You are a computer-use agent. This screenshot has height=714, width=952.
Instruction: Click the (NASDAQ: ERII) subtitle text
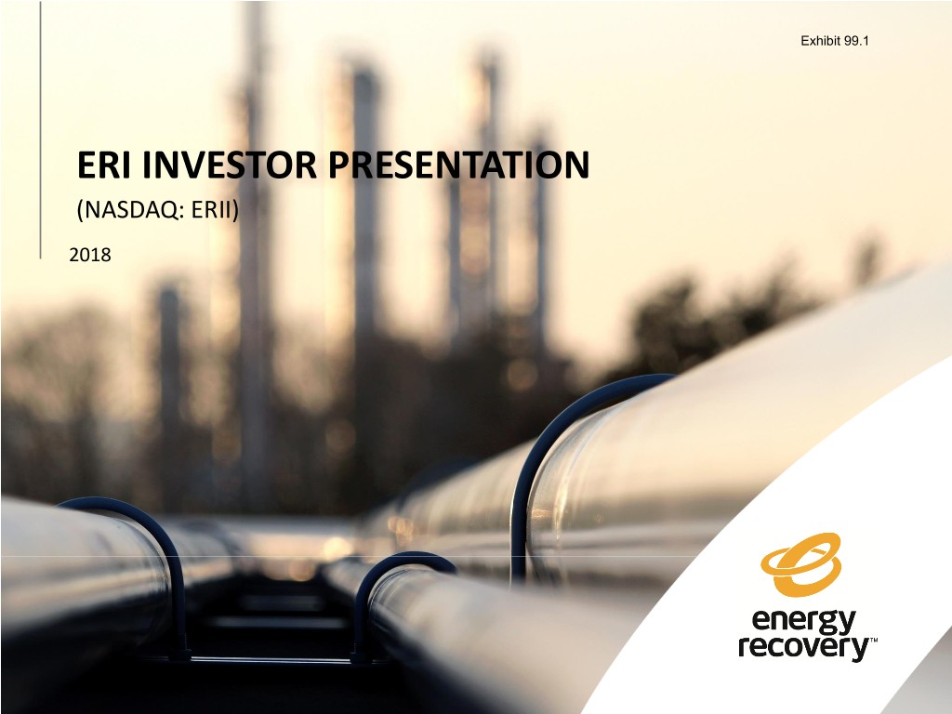(x=158, y=210)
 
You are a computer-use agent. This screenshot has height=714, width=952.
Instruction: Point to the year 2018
(x=90, y=255)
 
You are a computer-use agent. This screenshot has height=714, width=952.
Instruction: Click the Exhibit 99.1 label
(x=835, y=41)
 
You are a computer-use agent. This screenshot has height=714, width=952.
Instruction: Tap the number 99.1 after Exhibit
(x=856, y=41)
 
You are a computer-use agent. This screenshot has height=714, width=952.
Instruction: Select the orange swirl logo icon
(x=801, y=564)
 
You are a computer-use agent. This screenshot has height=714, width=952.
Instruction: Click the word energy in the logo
(x=804, y=622)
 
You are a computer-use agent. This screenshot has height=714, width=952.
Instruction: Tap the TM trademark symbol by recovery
(x=874, y=640)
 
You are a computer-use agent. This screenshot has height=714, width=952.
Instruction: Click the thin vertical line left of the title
(x=41, y=129)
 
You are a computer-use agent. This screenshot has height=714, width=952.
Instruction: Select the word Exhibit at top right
(x=820, y=41)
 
